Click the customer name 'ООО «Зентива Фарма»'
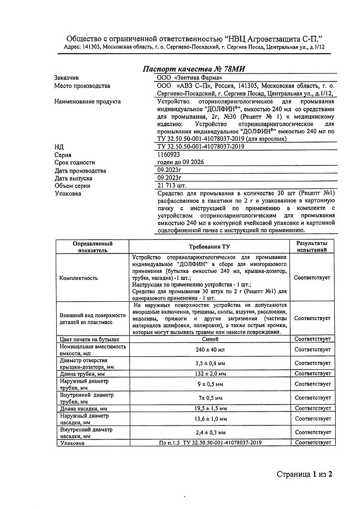point(189,78)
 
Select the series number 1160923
point(169,155)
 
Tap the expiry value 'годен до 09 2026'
point(180,163)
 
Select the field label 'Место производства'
point(82,86)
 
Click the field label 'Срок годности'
point(75,163)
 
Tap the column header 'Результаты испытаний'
point(312,247)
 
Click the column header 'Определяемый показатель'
point(92,247)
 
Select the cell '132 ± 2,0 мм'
point(211,373)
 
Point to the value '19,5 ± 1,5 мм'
point(211,408)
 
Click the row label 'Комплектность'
point(79,278)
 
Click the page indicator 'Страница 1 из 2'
point(304,474)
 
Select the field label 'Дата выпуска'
point(73,178)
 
